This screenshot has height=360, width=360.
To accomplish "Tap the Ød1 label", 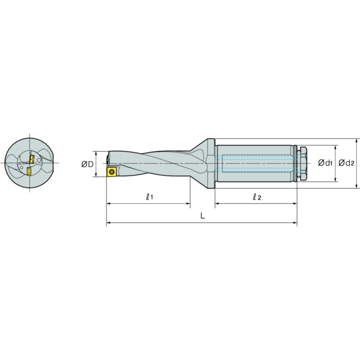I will [x=325, y=163].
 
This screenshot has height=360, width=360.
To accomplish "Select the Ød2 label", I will [x=346, y=163].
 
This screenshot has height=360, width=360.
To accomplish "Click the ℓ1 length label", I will [x=149, y=197].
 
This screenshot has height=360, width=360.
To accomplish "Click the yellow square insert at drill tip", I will [x=112, y=172].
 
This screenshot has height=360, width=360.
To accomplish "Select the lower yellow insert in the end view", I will [x=29, y=170].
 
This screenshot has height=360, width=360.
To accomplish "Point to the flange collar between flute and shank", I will [x=211, y=163].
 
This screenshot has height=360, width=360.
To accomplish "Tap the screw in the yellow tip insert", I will [x=112, y=172].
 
